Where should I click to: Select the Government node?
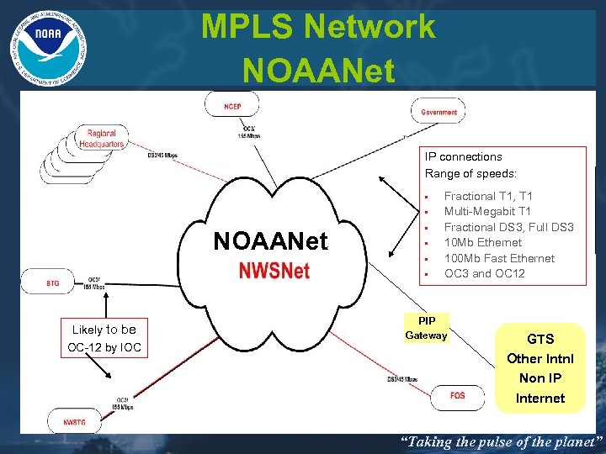tap(439, 111)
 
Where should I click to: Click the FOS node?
tap(457, 395)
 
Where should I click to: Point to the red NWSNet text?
tap(274, 271)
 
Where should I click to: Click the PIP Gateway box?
tap(426, 328)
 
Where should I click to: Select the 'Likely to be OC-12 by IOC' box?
tap(104, 338)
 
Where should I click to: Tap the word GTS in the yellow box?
tap(540, 339)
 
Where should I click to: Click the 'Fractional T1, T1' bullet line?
tap(488, 196)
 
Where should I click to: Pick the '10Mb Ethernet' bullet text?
tap(483, 242)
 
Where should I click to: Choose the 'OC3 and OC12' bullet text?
tap(484, 273)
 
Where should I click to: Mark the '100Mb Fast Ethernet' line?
tap(499, 258)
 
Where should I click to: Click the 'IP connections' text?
tap(463, 156)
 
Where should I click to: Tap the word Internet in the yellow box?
tap(540, 398)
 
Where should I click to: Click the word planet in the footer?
tap(569, 441)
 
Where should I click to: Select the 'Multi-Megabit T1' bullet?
tap(487, 211)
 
